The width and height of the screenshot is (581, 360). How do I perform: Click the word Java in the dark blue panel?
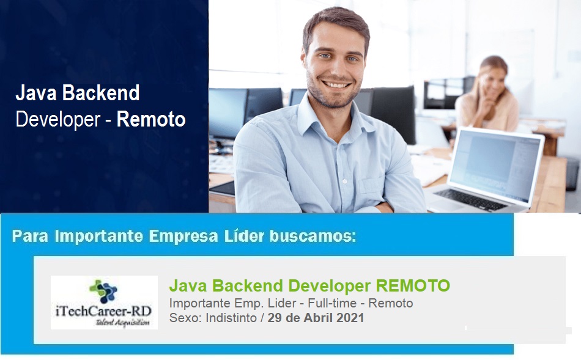[x=36, y=92]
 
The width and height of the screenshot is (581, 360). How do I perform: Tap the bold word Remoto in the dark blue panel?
[x=151, y=119]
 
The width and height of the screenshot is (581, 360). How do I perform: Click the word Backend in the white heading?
[x=101, y=92]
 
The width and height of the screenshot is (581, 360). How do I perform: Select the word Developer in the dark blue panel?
[x=58, y=120]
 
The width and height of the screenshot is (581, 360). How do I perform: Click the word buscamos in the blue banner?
[x=313, y=236]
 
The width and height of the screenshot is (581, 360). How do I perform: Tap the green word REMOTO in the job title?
[x=413, y=285]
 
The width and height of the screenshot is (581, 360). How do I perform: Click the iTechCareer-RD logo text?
[x=104, y=310]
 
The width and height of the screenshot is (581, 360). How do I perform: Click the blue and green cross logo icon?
[x=103, y=291]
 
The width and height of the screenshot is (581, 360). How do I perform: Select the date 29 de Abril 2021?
[x=316, y=318]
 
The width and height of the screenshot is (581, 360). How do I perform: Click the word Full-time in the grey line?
[x=332, y=303]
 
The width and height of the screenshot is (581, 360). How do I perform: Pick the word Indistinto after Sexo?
[x=231, y=318]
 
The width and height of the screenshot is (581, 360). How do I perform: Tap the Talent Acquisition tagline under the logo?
[x=123, y=323]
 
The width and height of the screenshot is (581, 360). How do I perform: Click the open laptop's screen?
[x=495, y=165]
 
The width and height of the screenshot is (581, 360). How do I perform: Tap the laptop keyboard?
[x=470, y=199]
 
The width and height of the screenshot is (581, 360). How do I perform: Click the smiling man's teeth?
[x=336, y=85]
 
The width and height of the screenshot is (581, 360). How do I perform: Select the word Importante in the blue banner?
[x=99, y=237]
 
